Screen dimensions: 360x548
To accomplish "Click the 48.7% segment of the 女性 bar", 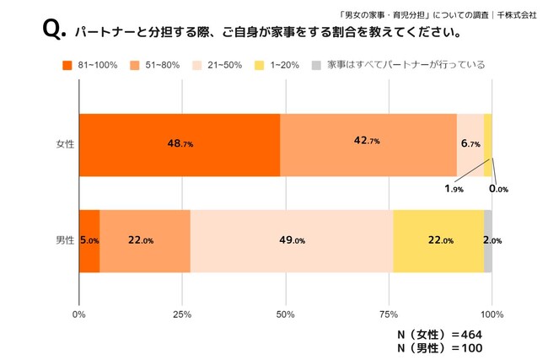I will (x=179, y=144).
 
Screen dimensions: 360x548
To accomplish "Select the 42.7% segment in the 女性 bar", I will (x=368, y=144).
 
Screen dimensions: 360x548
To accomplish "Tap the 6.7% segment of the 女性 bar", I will (x=470, y=144).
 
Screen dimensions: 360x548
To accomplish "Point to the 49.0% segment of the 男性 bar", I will (x=292, y=241).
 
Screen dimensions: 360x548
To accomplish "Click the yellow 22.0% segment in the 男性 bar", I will (x=438, y=241).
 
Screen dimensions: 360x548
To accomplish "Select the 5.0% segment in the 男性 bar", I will (x=89, y=241).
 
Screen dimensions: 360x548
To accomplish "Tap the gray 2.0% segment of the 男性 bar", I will (x=488, y=241).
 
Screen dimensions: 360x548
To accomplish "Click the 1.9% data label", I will (x=453, y=189).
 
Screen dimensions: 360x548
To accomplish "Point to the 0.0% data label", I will (x=498, y=189).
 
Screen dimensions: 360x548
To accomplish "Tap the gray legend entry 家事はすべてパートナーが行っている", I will (x=396, y=65).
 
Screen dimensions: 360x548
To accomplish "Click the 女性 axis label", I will (x=64, y=144).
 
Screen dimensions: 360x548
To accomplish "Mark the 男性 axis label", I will (x=64, y=241).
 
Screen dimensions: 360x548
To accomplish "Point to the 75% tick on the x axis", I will (x=389, y=314).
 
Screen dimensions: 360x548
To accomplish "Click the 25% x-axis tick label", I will (x=182, y=314).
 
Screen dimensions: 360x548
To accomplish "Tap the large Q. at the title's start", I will (x=52, y=33).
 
